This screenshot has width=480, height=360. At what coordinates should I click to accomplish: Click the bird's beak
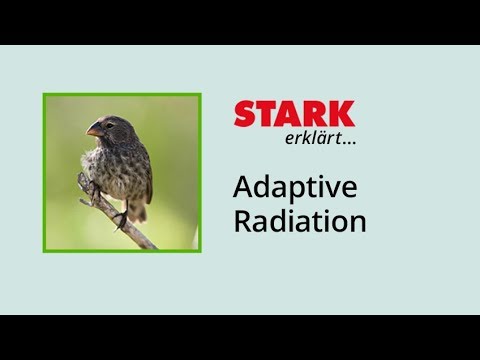[x=94, y=129]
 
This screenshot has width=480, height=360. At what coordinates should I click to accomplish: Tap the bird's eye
[x=109, y=125]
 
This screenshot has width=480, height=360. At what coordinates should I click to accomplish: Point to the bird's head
[x=112, y=126]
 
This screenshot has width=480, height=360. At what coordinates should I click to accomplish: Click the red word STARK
[x=294, y=114]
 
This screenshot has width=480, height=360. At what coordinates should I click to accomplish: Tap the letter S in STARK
[x=245, y=114]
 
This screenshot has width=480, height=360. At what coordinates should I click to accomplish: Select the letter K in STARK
[x=341, y=114]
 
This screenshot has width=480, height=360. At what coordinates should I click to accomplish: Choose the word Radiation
[x=300, y=222]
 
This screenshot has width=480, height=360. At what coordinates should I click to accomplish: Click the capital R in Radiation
[x=242, y=221]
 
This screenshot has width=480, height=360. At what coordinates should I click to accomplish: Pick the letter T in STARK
[x=268, y=114]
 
